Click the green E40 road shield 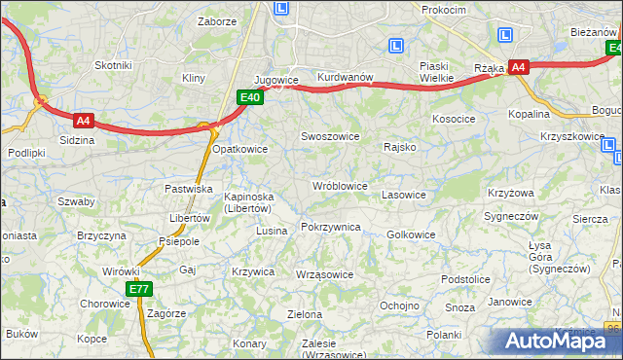point(250,97)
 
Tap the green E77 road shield point(139,289)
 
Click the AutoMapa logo point(558,341)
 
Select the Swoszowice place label point(331,137)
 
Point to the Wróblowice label point(339,185)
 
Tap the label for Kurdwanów point(346,77)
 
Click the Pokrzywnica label point(331,227)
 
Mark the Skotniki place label point(113,65)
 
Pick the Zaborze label point(217,20)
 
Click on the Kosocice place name point(454,119)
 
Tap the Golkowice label point(411,234)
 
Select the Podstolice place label point(465,279)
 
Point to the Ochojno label point(399,305)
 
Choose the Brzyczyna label point(101,235)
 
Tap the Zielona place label point(305,314)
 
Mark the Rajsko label point(400,147)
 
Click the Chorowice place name point(105,303)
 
